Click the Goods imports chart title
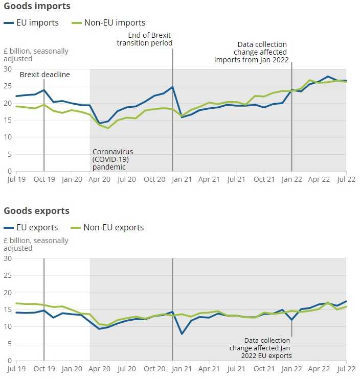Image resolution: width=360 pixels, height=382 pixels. pos(37,7)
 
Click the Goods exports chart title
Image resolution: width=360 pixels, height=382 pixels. pos(37,211)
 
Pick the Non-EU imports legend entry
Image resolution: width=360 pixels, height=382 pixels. pos(108,22)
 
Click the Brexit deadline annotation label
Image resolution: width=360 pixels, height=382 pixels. pos(45,75)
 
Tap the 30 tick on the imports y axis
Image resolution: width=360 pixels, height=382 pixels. pos(8,69)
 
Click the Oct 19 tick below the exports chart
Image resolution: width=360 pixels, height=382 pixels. pos(44,369)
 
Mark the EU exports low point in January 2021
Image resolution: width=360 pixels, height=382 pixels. pos(182,334)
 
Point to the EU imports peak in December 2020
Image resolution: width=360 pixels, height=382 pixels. pos(172,87)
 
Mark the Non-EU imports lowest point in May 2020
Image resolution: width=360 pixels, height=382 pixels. pos(108,128)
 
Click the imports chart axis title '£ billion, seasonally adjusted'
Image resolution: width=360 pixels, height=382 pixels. pos(36,55)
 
